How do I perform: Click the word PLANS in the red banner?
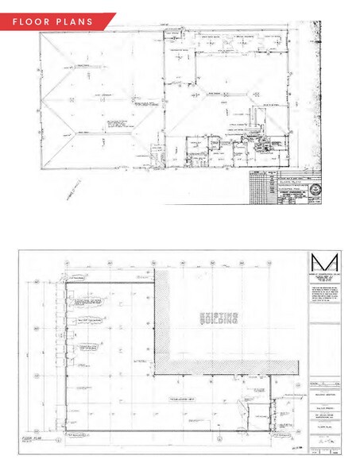75,21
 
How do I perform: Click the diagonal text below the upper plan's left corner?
74,188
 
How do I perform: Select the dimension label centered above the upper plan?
165,25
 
